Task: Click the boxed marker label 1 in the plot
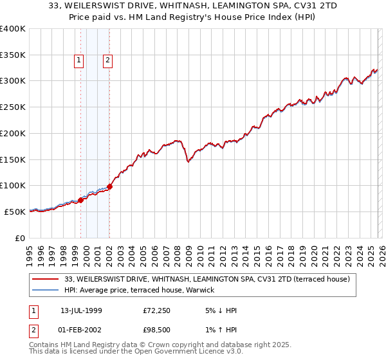78,61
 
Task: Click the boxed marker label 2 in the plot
107,61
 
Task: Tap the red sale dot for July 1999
81,199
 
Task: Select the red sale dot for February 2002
110,186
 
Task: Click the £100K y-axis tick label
13,185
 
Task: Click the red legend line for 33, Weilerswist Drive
46,279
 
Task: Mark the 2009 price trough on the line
188,162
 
